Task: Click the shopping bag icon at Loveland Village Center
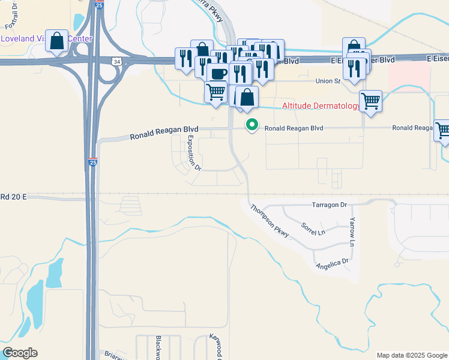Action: [56, 41]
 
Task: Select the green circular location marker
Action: [253, 125]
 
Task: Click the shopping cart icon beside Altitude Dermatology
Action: [371, 100]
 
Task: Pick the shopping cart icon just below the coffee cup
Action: [215, 92]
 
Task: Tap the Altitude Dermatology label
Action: [321, 106]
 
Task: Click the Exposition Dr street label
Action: [193, 153]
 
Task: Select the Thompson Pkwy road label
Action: [270, 220]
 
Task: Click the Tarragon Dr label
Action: [330, 205]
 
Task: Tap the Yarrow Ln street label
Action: [352, 232]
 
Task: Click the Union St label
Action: [328, 81]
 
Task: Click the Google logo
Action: [20, 352]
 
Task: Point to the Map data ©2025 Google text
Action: [411, 355]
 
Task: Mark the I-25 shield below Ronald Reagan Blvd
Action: [92, 162]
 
